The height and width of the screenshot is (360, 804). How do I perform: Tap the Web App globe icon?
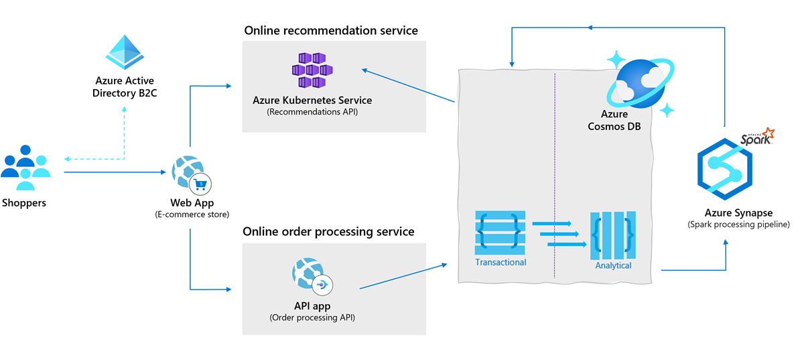click(187, 171)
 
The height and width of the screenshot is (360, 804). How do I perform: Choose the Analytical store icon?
click(613, 235)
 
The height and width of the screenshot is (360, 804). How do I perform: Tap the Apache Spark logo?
click(757, 138)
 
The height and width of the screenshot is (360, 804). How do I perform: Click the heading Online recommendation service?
click(331, 31)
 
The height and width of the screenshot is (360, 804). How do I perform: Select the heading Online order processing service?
click(328, 232)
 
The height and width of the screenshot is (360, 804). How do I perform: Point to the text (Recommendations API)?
click(312, 112)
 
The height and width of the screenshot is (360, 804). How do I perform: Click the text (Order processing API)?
click(312, 317)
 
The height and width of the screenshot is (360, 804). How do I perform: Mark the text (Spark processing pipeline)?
click(738, 225)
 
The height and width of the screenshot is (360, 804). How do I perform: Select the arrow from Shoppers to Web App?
click(114, 172)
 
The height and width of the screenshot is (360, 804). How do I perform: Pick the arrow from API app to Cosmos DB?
click(402, 277)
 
